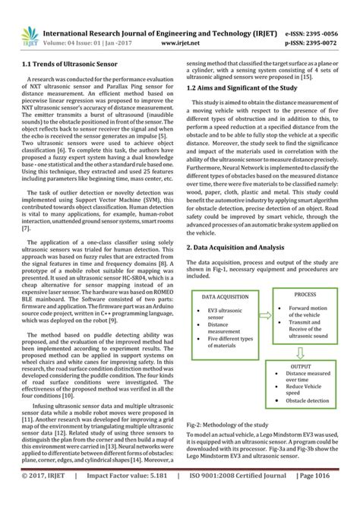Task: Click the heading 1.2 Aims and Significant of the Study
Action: pos(244,88)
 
